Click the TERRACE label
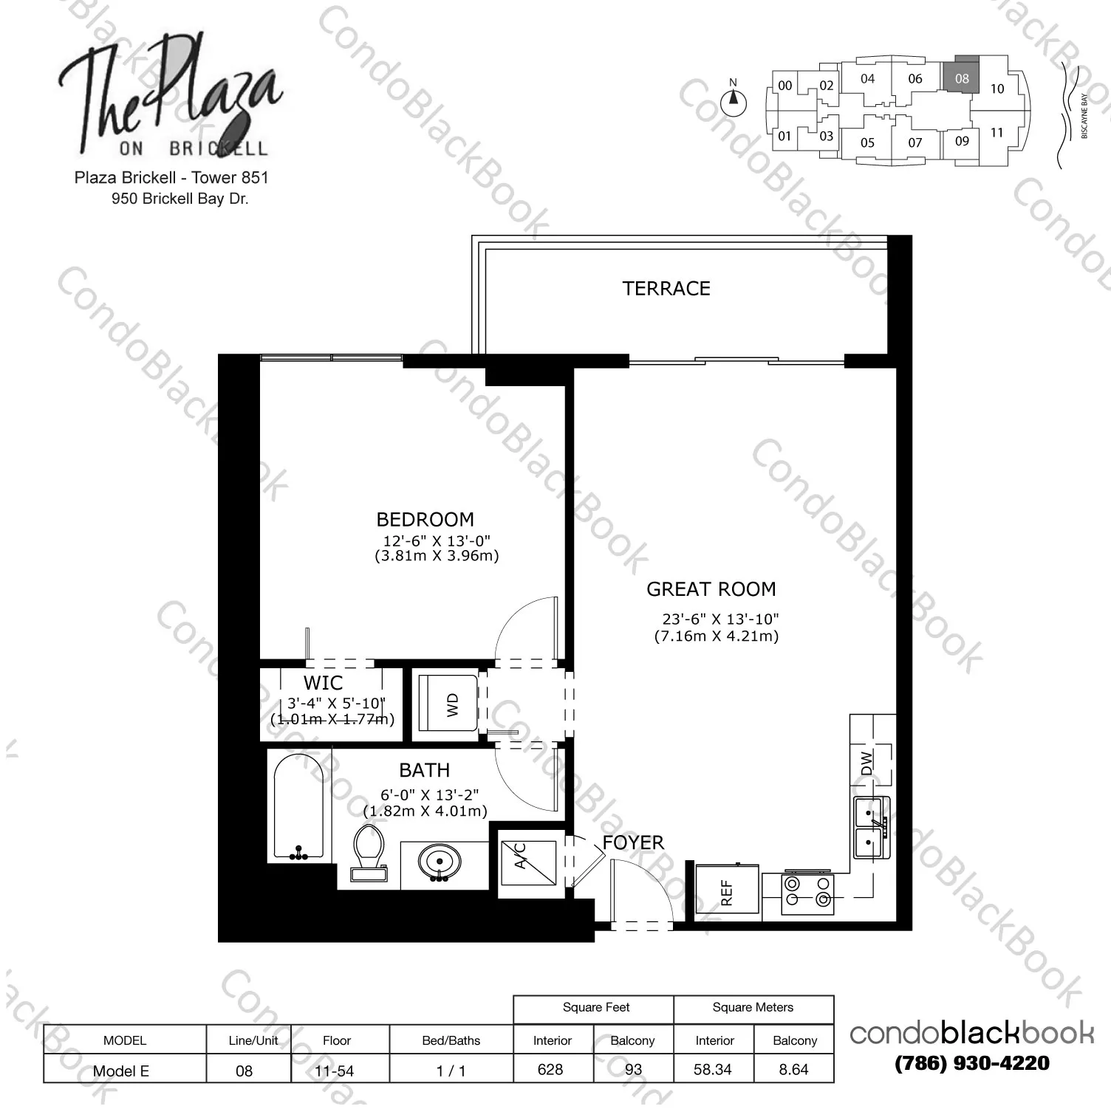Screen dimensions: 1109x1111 click(x=666, y=289)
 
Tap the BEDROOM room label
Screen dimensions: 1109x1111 click(x=425, y=520)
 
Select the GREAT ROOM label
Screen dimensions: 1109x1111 click(x=711, y=589)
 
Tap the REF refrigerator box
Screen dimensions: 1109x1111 click(x=727, y=891)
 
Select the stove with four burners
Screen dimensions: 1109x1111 click(x=807, y=892)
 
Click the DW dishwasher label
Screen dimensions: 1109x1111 click(x=867, y=762)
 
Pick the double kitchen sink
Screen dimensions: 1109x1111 click(x=871, y=828)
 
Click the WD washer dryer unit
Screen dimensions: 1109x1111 click(x=448, y=704)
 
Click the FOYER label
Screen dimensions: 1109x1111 click(x=632, y=842)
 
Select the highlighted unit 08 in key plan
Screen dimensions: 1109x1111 click(x=961, y=77)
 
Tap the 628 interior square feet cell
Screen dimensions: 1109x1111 click(x=551, y=1069)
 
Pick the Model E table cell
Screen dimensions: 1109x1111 click(x=122, y=1071)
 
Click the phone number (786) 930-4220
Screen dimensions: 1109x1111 click(x=971, y=1063)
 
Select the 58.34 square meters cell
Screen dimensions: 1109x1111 click(x=713, y=1069)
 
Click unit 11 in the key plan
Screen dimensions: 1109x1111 click(x=997, y=133)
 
